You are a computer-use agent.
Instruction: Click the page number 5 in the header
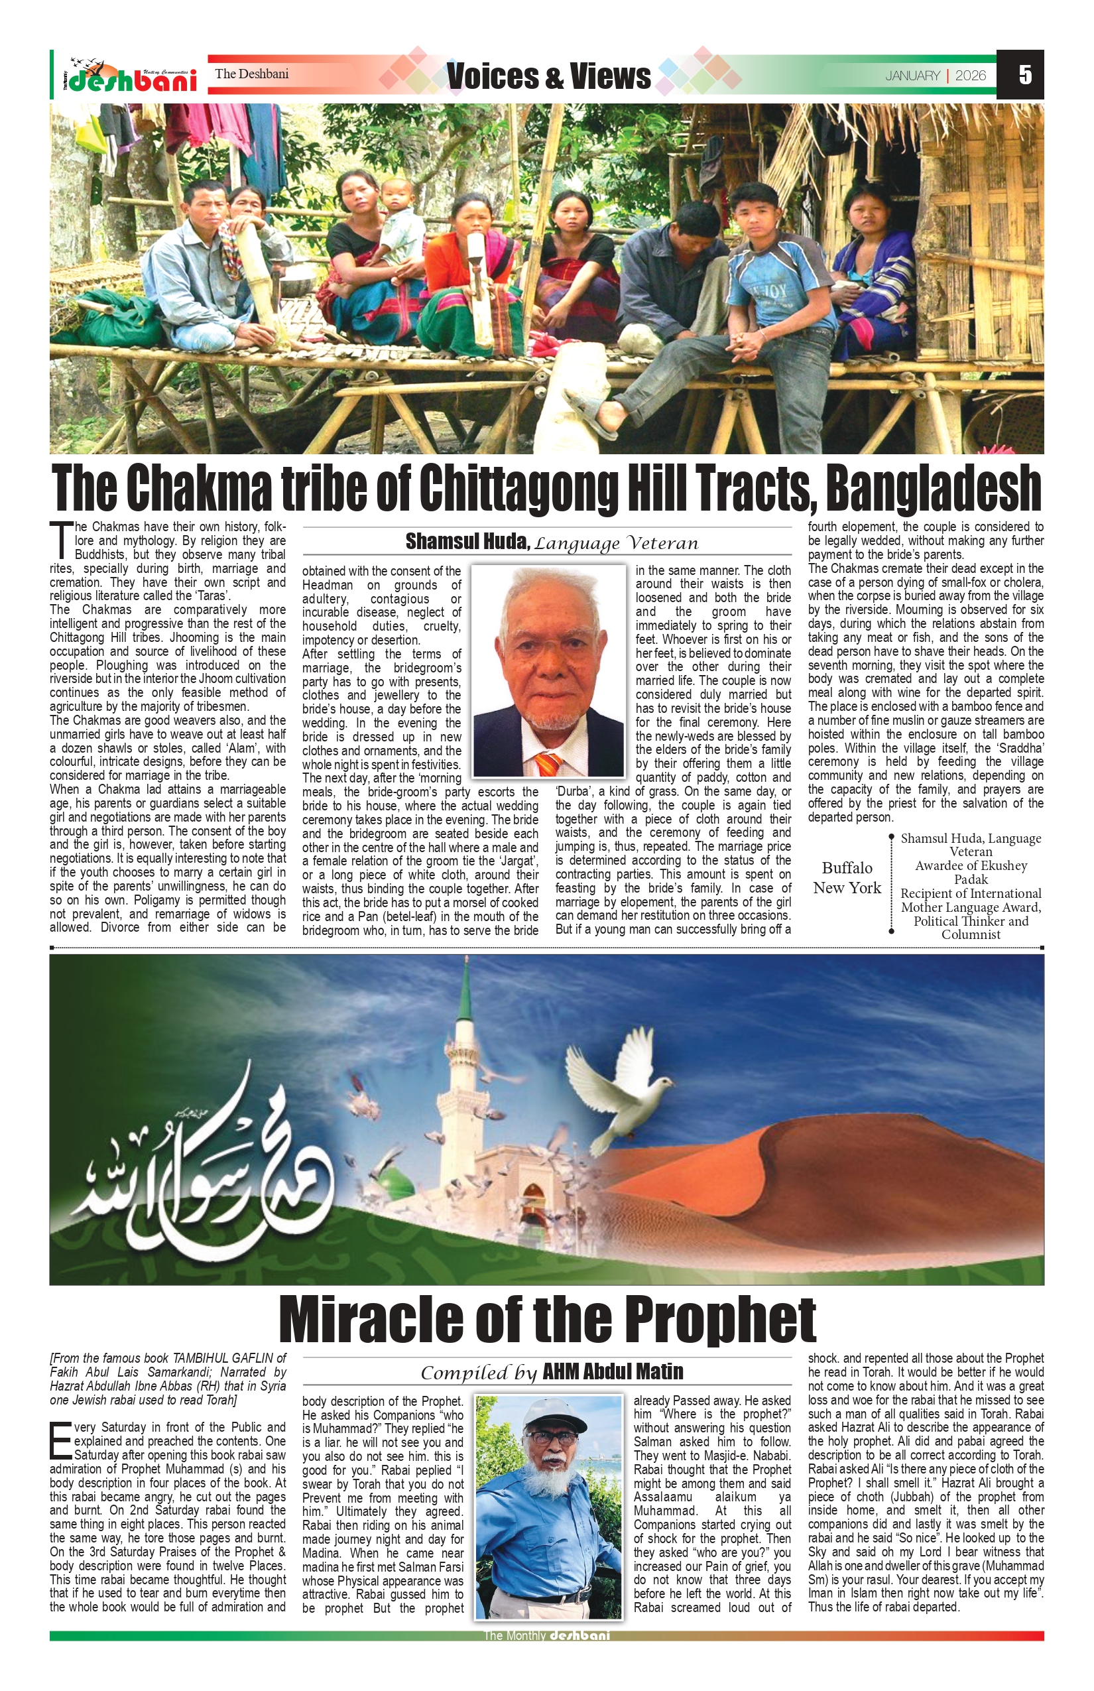pos(1024,74)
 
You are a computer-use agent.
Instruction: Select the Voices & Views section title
pos(548,76)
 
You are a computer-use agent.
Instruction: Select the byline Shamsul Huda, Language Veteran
pos(551,543)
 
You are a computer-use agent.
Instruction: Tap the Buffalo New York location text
pos(847,877)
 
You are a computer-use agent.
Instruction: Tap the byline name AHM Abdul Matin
pos(613,1371)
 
